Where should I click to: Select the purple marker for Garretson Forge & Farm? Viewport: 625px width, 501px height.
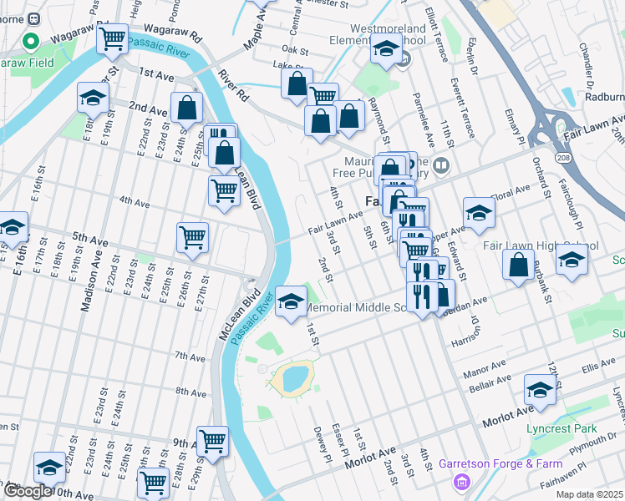[x=460, y=481]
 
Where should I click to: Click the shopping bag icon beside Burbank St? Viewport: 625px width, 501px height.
[x=519, y=266]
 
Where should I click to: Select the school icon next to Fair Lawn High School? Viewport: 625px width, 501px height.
[x=572, y=260]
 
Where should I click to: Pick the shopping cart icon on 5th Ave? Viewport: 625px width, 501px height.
[x=192, y=238]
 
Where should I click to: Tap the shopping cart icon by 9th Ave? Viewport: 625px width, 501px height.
[x=212, y=440]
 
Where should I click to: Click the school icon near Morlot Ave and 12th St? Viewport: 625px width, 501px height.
[x=540, y=390]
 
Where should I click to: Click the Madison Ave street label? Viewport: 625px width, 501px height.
[x=85, y=284]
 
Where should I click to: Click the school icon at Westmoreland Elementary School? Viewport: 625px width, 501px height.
[x=385, y=50]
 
